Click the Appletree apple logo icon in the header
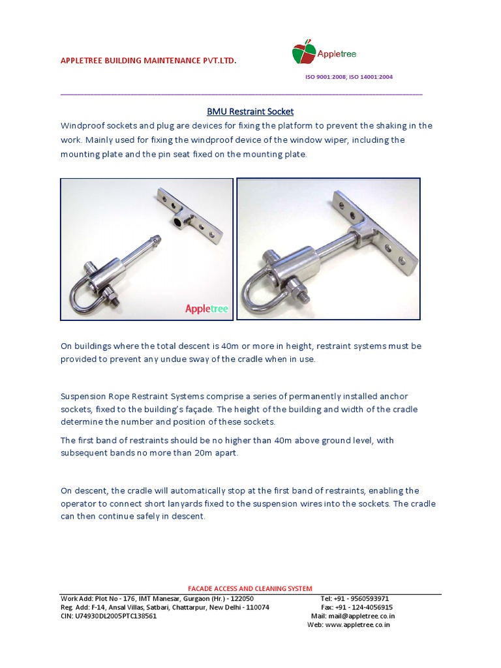click(303, 52)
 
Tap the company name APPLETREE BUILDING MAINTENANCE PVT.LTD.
click(148, 61)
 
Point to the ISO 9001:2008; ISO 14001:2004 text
click(349, 77)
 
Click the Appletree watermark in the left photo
click(207, 309)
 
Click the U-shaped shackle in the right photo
click(260, 291)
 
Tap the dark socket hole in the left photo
click(177, 222)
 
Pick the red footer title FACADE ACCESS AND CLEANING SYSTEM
click(250, 588)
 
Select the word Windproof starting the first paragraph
click(82, 125)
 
